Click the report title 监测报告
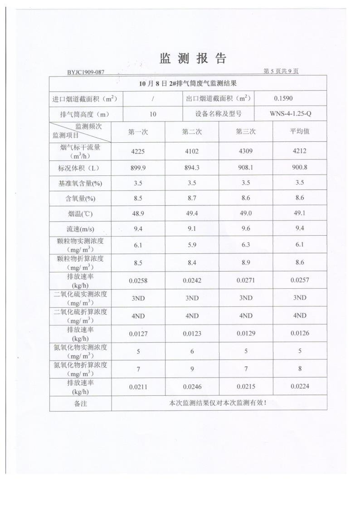click(192, 58)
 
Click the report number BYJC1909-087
click(86, 72)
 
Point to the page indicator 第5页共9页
click(281, 71)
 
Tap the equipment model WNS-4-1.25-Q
click(291, 114)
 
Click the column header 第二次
click(192, 131)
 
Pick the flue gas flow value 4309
click(245, 151)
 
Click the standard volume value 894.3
click(192, 168)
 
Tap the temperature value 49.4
click(192, 213)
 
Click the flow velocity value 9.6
click(245, 229)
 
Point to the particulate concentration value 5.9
click(192, 245)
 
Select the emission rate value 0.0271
click(245, 281)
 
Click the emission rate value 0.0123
click(192, 334)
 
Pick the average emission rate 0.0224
click(299, 387)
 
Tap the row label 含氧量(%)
click(80, 199)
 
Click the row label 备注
click(80, 403)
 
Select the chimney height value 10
click(153, 114)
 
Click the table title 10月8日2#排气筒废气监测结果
click(188, 83)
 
